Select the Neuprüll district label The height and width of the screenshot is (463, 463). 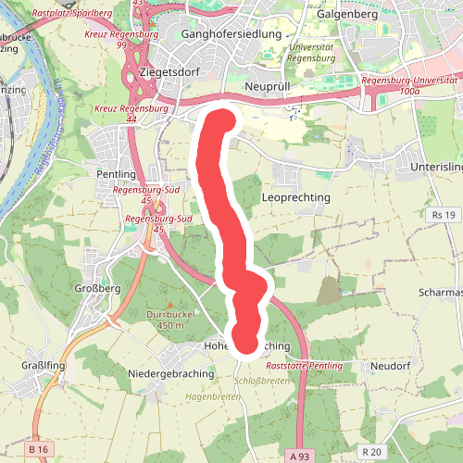271,85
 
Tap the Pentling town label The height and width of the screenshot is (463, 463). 116,174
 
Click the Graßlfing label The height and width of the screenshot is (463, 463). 44,366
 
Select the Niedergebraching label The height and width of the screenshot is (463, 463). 171,374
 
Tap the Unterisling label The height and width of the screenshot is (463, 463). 435,167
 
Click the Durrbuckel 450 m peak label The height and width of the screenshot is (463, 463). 166,319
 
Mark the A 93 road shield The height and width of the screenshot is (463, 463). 299,457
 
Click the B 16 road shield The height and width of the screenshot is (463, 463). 38,449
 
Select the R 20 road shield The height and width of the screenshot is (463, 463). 372,451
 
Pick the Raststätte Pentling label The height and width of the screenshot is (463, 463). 304,367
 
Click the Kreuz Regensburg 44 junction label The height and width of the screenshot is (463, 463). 131,114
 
